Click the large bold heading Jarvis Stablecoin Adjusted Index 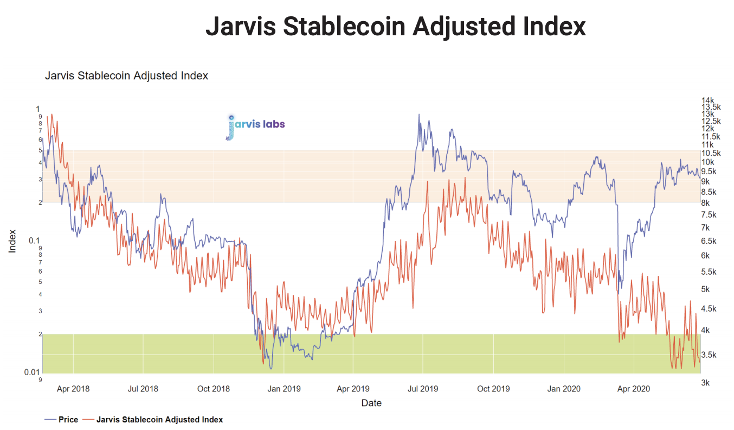[395, 27]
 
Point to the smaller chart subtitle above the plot [126, 75]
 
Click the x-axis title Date [371, 403]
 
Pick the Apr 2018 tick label [73, 389]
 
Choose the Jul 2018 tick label [143, 389]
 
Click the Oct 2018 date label [214, 389]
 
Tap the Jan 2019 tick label [284, 389]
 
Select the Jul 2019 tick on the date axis [422, 389]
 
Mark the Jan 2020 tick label [564, 389]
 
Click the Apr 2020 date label [634, 389]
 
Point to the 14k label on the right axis [707, 100]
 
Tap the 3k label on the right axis [706, 383]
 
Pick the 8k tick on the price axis [706, 203]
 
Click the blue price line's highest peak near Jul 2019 [419, 115]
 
